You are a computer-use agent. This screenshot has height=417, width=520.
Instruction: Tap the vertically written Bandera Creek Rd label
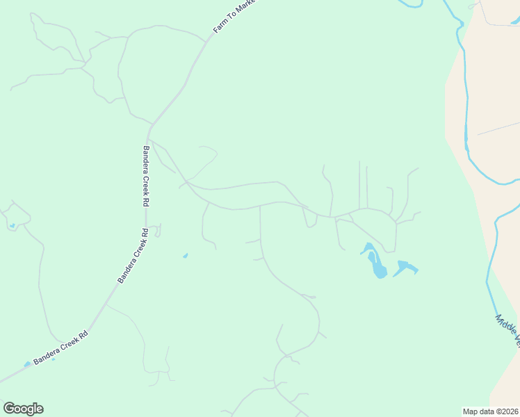coord(146,177)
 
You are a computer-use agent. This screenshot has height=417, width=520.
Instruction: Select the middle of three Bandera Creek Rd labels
coord(133,256)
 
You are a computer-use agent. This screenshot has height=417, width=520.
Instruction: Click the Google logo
coord(23,409)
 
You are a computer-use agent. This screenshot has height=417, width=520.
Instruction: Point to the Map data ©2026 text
coord(490,411)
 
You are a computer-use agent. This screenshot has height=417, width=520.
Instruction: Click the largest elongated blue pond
coord(376,263)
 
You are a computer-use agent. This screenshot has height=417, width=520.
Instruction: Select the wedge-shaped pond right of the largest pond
coord(405,267)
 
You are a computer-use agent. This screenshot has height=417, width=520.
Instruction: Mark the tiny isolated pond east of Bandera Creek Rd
coord(185,256)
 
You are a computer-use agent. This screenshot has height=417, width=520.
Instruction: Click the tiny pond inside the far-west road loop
coord(12,225)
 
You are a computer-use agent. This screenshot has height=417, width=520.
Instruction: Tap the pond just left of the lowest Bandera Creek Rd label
coord(27,364)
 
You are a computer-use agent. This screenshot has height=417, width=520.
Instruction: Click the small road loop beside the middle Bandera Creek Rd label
coord(158,230)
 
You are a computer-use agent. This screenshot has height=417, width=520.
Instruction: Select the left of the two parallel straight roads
coord(359,184)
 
